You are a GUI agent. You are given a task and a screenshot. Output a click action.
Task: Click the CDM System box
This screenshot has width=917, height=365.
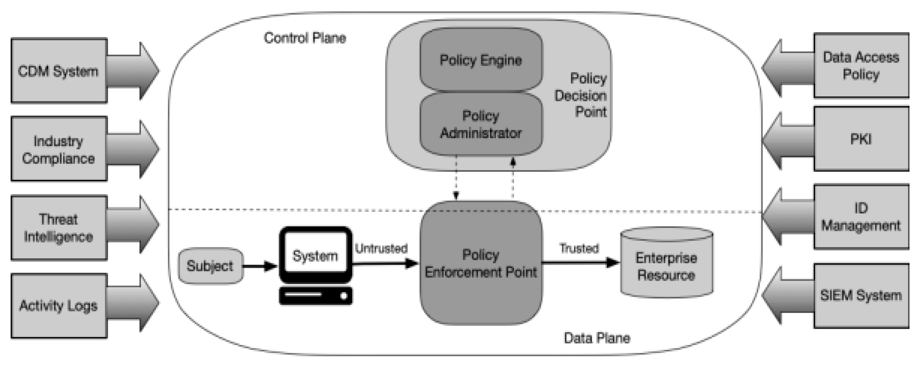click(59, 71)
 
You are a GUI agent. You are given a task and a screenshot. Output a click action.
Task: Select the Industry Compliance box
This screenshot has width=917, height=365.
click(59, 149)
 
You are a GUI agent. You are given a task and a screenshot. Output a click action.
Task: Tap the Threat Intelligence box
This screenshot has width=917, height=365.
click(59, 228)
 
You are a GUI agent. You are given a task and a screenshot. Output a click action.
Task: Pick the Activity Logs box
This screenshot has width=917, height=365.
click(59, 306)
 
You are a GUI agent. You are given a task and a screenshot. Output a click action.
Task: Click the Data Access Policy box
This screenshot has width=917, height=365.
click(861, 65)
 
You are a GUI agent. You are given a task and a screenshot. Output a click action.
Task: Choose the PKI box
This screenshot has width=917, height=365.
click(861, 139)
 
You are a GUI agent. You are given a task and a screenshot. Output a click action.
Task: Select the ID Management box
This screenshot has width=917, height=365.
click(861, 217)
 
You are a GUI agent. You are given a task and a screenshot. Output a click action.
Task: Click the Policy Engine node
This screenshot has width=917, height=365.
click(480, 60)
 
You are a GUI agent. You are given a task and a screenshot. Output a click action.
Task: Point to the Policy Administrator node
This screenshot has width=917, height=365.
click(480, 124)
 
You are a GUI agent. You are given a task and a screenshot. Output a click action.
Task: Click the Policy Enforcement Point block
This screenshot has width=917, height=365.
click(480, 263)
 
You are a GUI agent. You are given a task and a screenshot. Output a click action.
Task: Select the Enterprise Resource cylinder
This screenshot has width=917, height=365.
click(666, 266)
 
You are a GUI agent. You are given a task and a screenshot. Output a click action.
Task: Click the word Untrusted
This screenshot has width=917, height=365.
click(381, 248)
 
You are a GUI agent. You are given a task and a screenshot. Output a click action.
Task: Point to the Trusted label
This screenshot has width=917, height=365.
click(579, 248)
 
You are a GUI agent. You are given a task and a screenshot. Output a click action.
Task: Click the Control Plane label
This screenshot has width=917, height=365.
click(305, 38)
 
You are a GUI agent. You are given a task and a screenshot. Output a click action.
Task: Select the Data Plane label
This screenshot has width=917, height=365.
click(597, 338)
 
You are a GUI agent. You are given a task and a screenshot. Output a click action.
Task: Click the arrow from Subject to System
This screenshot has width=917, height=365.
click(260, 266)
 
